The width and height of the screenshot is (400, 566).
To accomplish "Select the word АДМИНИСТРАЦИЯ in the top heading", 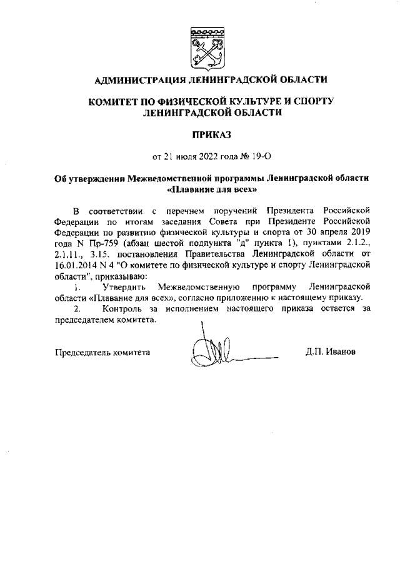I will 138,80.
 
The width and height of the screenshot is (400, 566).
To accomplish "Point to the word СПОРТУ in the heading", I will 312,101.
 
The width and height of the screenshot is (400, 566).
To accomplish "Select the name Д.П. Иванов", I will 331,351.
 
